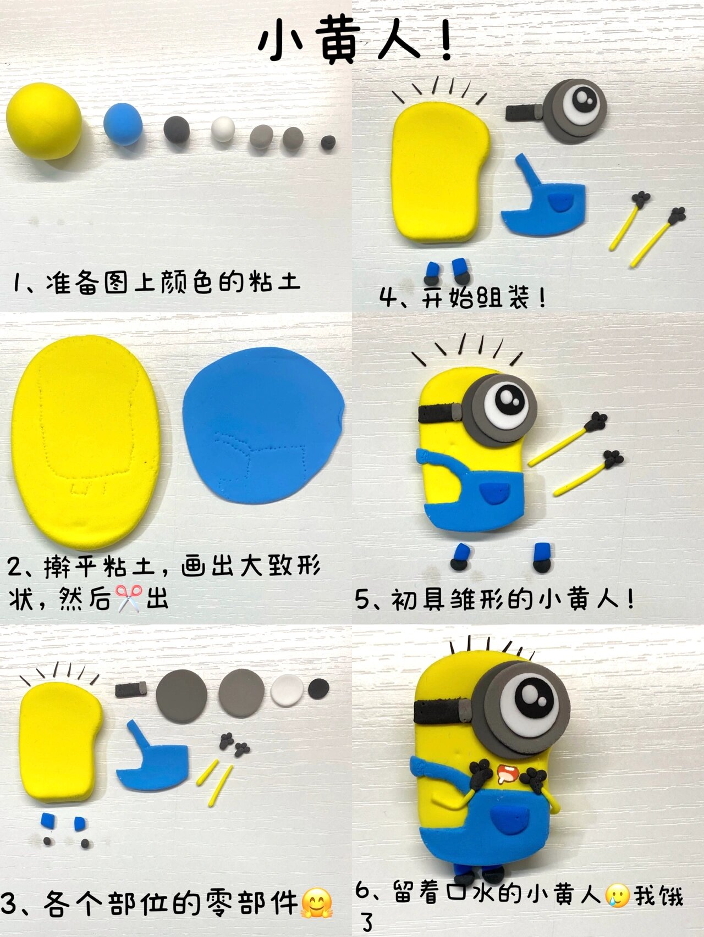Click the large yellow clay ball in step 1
(44, 121)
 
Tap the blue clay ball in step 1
(123, 124)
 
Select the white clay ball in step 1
(223, 129)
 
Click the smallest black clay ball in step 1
(328, 142)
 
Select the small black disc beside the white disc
(318, 687)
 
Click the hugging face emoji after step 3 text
(317, 903)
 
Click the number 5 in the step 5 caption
(362, 599)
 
